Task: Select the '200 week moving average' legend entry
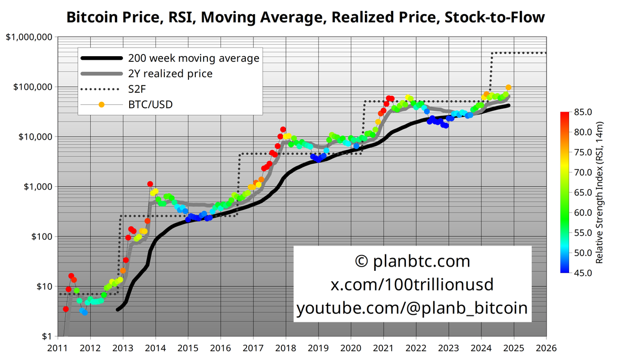[194, 58]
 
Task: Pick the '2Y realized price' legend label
[170, 73]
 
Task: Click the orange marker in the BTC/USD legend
[101, 105]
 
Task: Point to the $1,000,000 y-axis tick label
[29, 37]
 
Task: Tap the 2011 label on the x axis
[58, 347]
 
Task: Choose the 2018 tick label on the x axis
[286, 347]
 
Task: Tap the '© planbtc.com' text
[412, 261]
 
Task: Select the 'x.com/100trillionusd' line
[412, 284]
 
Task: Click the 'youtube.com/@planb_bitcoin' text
[412, 308]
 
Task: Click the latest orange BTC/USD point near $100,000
[509, 88]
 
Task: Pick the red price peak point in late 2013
[150, 184]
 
